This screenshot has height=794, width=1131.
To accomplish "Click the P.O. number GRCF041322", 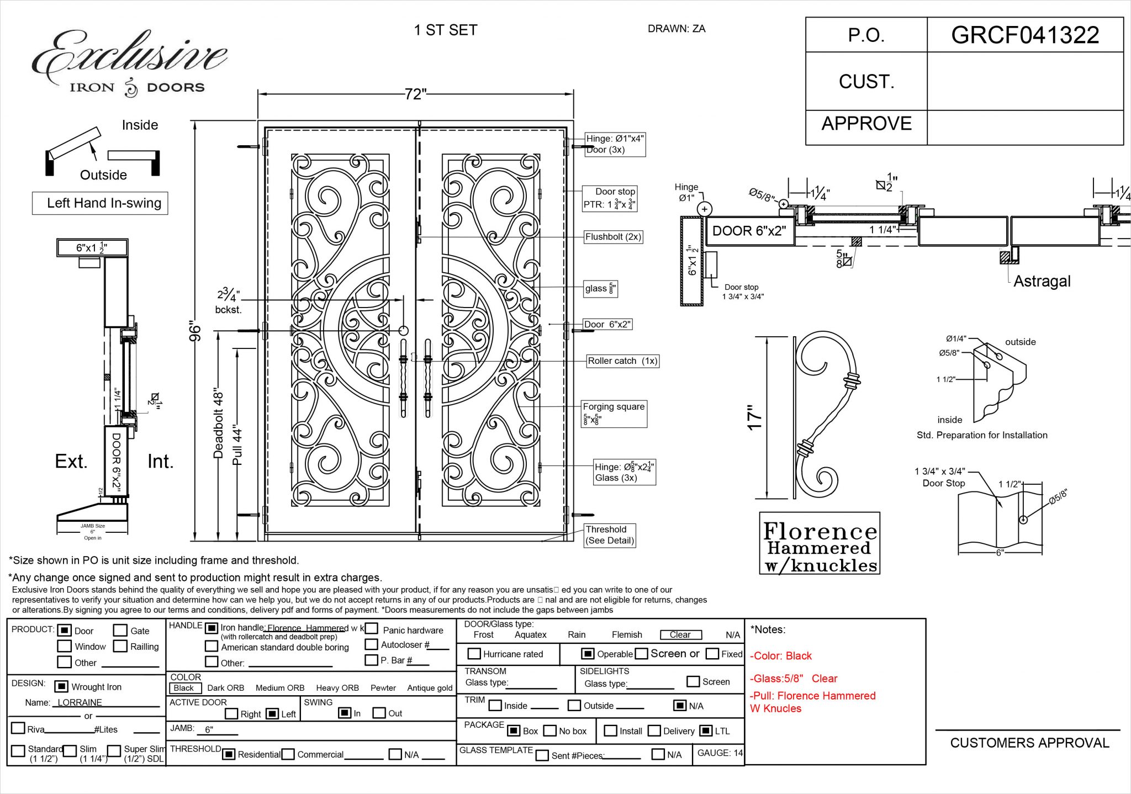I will (x=1024, y=35).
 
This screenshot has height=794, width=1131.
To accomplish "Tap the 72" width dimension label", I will (x=415, y=94).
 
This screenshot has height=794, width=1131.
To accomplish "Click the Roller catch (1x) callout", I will (x=622, y=361).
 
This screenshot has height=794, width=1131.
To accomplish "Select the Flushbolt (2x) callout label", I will (x=613, y=237).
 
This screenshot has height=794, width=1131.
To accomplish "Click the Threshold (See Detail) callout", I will (x=610, y=535).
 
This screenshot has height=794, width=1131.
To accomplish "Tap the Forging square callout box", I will (x=614, y=414).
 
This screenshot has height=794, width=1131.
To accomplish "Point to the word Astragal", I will (x=1042, y=282).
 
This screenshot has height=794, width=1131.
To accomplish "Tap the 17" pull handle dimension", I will (x=754, y=418).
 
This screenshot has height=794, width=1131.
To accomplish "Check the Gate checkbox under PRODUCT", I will (x=120, y=631).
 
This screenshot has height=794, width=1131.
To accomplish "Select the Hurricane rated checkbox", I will (x=474, y=654).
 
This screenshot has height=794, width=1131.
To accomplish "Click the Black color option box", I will (x=183, y=688).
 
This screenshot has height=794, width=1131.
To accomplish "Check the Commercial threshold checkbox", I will (x=288, y=754).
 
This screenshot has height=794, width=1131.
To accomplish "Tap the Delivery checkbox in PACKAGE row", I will (x=654, y=731).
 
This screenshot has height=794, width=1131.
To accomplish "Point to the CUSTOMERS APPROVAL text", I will (x=1029, y=743).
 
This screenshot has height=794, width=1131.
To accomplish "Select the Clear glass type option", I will (x=680, y=635).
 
